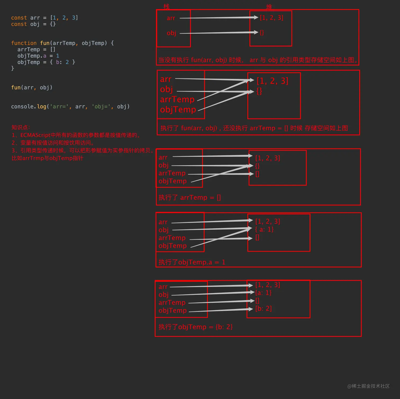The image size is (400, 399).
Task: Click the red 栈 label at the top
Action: click(166, 6)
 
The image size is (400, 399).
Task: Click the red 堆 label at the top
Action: click(269, 7)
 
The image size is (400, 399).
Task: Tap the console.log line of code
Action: click(70, 106)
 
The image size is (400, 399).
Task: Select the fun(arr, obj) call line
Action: click(32, 87)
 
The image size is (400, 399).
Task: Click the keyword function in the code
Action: click(24, 43)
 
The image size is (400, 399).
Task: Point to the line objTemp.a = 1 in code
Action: click(38, 56)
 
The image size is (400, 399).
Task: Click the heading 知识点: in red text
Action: click(21, 127)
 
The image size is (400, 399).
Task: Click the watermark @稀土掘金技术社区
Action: click(369, 386)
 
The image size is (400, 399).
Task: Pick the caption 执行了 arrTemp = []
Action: click(190, 197)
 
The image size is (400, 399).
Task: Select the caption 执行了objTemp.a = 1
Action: click(192, 262)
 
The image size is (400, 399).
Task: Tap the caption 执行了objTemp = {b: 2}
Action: click(196, 327)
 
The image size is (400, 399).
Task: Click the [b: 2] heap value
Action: click(263, 308)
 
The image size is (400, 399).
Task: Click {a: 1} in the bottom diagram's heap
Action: click(263, 293)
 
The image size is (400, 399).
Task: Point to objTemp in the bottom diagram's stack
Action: click(172, 310)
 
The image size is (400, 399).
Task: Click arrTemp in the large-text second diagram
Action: click(177, 99)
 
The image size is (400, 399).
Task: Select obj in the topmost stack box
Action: click(171, 33)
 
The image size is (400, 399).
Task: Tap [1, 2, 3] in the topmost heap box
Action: click(271, 18)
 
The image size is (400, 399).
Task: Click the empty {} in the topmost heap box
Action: click(262, 33)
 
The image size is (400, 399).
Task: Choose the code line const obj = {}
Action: click(33, 24)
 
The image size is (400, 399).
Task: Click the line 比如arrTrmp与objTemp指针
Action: click(47, 158)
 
